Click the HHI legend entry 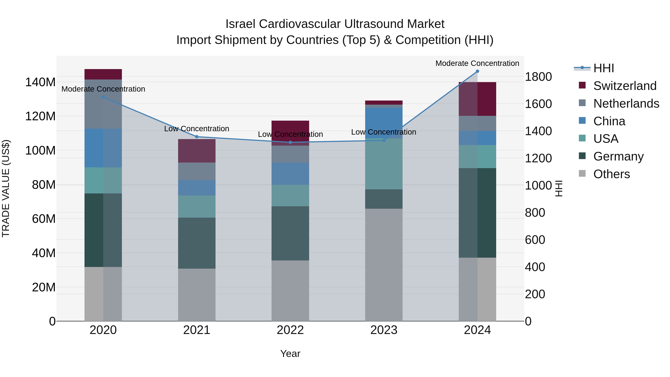coord(603,68)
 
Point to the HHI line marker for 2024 coord(477,71)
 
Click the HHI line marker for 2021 coord(197,137)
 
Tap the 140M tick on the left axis coord(40,82)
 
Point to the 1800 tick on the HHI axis coord(538,77)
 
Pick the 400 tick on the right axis coord(535,267)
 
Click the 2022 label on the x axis coord(290,330)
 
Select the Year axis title coord(290,354)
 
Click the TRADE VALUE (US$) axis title coord(6,188)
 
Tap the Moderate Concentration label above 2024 coord(477,63)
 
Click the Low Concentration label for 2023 coord(384,132)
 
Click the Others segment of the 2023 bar coord(384,265)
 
